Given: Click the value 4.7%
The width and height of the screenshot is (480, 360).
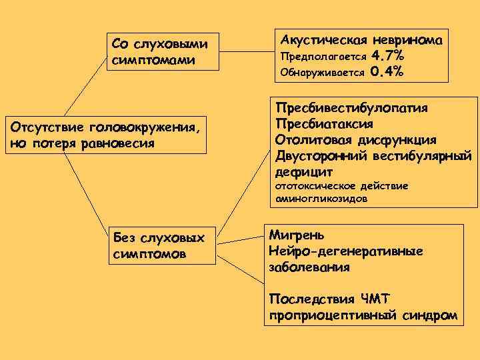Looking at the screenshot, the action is coord(387,55).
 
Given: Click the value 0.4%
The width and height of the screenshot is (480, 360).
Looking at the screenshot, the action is coord(387,71).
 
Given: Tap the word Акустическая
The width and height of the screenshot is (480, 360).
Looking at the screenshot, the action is coord(323,39).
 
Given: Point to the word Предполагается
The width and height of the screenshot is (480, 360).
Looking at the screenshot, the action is coord(323,55).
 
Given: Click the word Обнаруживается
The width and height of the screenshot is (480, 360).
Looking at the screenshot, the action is coord(323,72).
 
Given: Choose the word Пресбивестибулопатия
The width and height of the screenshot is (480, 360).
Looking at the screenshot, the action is coord(351,108).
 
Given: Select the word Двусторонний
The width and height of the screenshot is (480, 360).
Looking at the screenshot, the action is coord(317,156).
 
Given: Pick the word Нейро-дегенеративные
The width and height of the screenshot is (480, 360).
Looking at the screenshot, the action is coord(345,251).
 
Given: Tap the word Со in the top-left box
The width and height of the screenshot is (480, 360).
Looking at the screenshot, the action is coord(120,44).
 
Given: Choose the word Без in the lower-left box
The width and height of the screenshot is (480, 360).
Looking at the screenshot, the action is coord(124,238).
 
